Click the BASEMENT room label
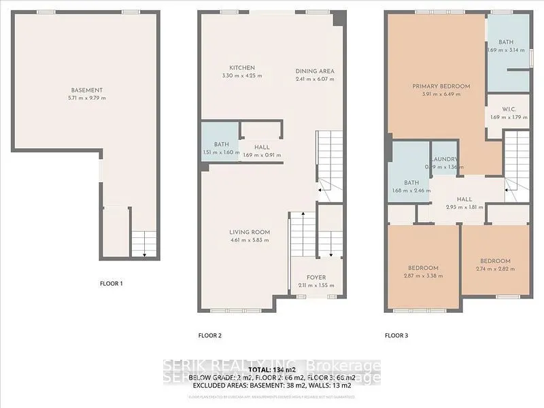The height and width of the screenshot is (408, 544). tap(86, 90)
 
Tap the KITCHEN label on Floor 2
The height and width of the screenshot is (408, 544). tap(241, 68)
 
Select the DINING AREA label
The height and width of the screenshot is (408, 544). tap(315, 71)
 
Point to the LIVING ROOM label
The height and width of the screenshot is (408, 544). tap(249, 232)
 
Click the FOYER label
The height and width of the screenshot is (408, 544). tap(316, 277)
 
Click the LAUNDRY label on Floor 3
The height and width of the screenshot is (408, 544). tap(444, 160)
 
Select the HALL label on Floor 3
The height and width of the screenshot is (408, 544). tap(464, 199)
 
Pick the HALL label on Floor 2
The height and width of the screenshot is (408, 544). tap(262, 147)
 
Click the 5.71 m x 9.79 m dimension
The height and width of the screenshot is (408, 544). tap(86, 99)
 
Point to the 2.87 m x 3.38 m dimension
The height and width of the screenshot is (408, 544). tap(423, 275)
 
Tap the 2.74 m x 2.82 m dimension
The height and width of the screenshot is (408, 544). tap(494, 269)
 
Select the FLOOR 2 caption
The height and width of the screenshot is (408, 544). tap(209, 335)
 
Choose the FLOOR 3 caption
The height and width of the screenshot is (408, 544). tap(396, 335)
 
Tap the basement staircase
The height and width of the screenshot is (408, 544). tap(143, 243)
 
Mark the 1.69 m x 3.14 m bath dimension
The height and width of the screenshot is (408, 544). tap(507, 50)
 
